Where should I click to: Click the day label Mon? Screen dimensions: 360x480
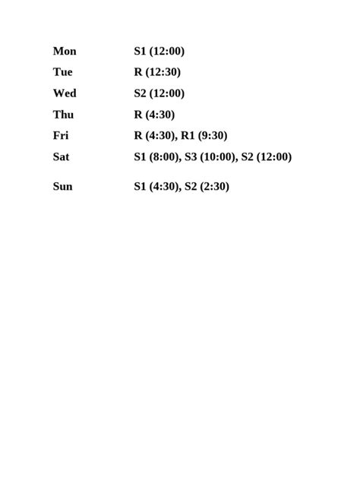click(65, 52)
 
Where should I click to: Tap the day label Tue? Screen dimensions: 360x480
click(62, 73)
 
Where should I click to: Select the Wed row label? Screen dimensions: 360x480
click(65, 93)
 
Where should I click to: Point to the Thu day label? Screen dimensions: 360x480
click(63, 115)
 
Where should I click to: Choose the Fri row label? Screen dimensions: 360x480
click(61, 136)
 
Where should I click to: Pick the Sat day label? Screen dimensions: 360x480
click(61, 157)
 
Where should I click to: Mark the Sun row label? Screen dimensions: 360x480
click(62, 186)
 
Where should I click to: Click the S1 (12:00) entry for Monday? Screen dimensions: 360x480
click(159, 52)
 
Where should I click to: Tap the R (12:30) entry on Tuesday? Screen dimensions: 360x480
click(157, 73)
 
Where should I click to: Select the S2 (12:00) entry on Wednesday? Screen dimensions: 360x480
click(159, 93)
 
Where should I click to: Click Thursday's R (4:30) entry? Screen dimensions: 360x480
click(154, 115)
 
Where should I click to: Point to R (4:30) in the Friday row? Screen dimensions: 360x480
click(154, 136)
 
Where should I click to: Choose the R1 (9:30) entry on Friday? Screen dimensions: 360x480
click(204, 136)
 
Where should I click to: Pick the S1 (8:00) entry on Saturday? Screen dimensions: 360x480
click(156, 157)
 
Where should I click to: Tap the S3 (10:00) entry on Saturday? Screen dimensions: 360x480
click(210, 157)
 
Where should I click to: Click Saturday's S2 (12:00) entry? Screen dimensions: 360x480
click(266, 157)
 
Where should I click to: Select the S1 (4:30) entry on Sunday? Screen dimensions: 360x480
click(156, 186)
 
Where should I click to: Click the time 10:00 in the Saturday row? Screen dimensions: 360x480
click(218, 157)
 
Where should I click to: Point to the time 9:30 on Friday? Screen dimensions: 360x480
click(212, 136)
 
